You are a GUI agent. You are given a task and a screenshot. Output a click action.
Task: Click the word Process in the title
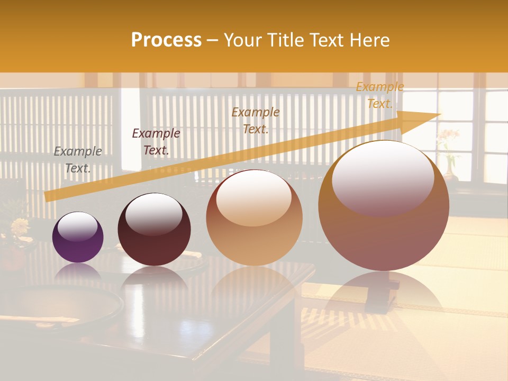click(166, 40)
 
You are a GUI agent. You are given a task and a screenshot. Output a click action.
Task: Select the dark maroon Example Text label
click(156, 142)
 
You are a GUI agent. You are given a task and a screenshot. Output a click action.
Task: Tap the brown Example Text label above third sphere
click(256, 120)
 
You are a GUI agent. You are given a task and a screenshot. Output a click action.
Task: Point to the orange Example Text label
click(379, 95)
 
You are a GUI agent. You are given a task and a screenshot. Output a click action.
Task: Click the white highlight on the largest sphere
click(383, 177)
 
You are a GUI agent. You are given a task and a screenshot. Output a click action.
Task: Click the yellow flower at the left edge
click(20, 226)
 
